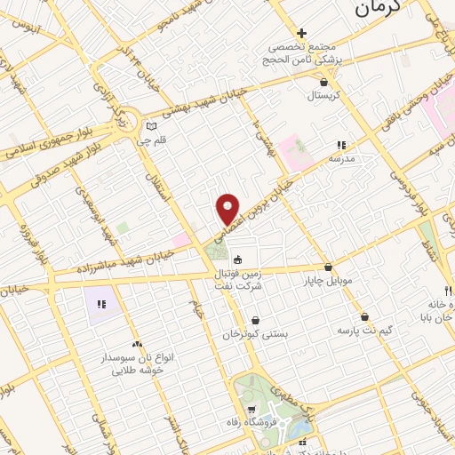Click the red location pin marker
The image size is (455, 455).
[228, 209]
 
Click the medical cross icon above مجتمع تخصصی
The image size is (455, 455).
[301, 33]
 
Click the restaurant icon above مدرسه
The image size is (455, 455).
[340, 145]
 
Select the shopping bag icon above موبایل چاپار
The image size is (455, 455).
[328, 267]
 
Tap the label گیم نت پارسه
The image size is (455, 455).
[364, 331]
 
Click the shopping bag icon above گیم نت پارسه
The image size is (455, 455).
[364, 317]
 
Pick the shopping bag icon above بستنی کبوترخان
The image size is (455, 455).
[256, 320]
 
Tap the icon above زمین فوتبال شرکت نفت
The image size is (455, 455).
[237, 260]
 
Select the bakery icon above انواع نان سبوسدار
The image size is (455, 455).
[136, 344]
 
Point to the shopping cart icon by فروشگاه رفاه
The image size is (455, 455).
[252, 410]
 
